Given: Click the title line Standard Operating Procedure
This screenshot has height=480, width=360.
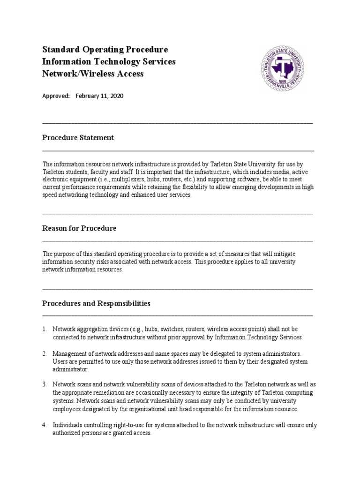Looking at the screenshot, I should click(105, 50).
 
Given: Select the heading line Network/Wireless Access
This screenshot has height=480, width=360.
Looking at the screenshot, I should click(93, 74).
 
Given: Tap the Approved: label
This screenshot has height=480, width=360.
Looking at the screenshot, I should click(56, 96).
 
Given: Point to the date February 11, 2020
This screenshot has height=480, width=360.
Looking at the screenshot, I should click(99, 96).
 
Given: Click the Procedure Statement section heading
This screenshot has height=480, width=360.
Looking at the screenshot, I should click(78, 138).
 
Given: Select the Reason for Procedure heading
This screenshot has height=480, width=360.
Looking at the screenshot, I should click(79, 228).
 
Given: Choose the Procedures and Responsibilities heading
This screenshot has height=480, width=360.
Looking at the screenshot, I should click(96, 303).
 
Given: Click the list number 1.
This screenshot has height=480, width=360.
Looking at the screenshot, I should click(45, 329).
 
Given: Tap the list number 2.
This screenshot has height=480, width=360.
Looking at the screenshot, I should click(45, 353).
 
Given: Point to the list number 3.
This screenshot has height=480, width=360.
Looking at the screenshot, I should click(45, 384).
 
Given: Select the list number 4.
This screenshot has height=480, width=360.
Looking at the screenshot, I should click(45, 425).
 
